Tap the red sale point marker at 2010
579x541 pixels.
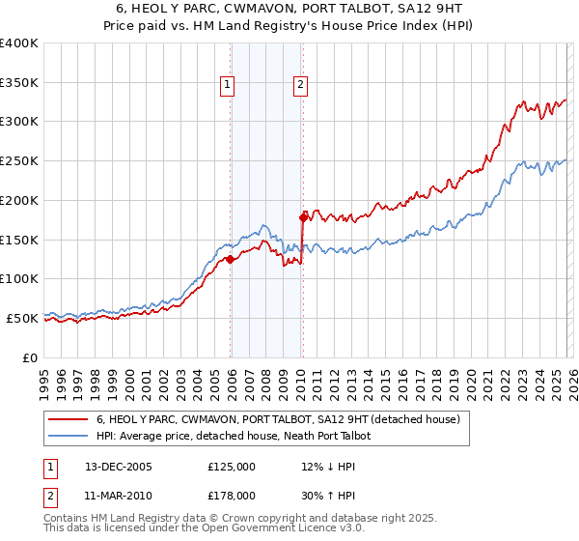(303, 217)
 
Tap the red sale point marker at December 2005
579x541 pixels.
(231, 259)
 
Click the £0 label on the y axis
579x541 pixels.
(30, 357)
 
